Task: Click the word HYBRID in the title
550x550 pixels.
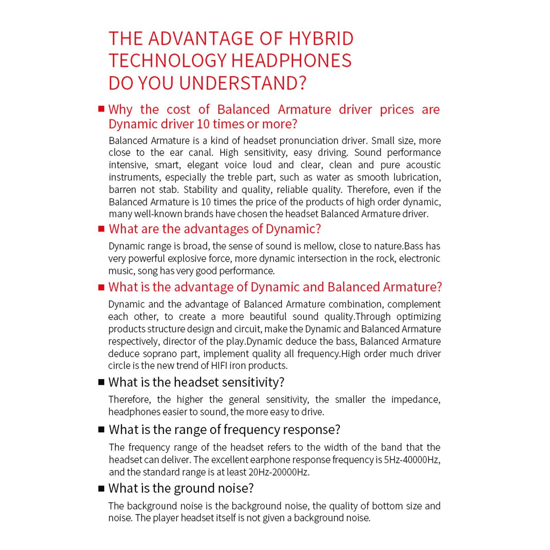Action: point(321,38)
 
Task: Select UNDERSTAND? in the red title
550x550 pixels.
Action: point(242,83)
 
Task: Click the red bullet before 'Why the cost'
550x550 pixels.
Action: point(101,109)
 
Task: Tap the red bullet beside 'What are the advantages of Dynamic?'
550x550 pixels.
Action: point(101,229)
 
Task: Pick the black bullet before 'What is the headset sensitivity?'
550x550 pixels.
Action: point(101,382)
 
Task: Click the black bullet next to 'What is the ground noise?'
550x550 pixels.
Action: point(101,488)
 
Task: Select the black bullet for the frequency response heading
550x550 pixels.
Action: point(101,429)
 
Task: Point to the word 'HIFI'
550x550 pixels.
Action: point(219,366)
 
